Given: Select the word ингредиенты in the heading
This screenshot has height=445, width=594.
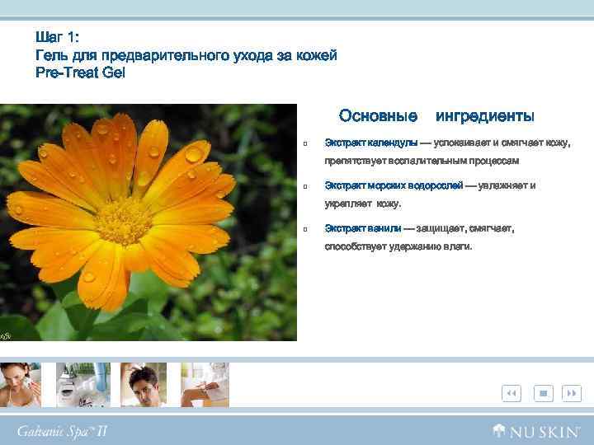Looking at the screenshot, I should [x=484, y=115].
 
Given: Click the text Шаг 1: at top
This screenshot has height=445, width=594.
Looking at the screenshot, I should [x=57, y=38].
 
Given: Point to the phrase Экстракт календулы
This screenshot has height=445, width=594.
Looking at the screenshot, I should [x=370, y=143].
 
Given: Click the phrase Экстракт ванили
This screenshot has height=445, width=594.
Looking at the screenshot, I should [x=363, y=228].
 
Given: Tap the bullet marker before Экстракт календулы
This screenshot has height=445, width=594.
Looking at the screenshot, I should [x=305, y=143].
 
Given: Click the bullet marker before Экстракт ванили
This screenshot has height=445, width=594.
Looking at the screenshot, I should [x=305, y=229].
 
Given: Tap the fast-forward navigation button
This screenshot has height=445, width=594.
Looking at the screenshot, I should [x=571, y=394].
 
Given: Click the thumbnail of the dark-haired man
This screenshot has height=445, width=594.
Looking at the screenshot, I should [x=144, y=384].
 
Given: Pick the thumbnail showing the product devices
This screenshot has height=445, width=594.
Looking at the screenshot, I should [x=83, y=384].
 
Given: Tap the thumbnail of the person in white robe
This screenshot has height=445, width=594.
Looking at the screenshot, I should [x=205, y=384].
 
